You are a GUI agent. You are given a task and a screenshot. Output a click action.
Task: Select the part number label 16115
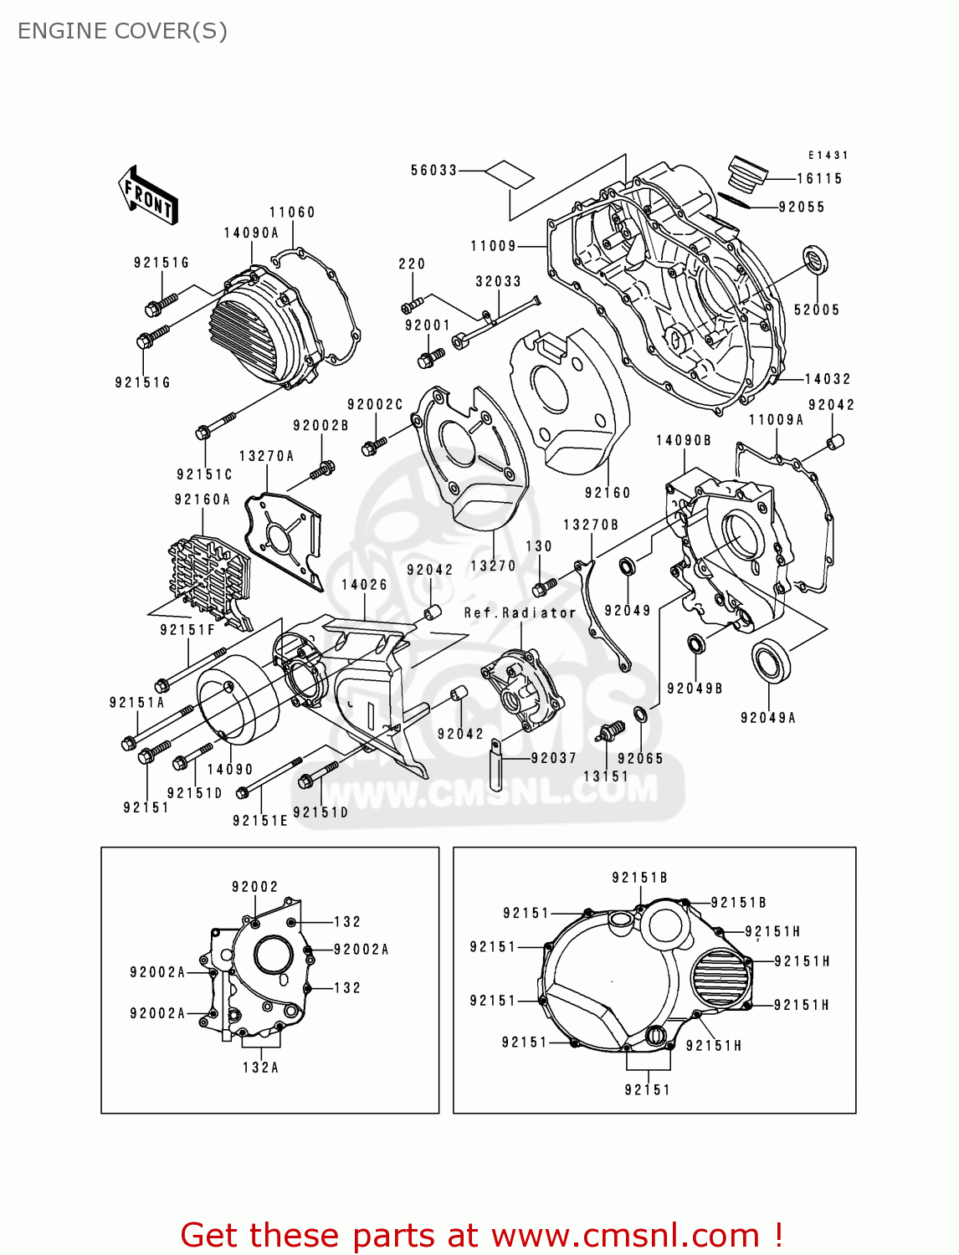(818, 178)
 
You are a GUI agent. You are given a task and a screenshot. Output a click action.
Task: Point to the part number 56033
(433, 170)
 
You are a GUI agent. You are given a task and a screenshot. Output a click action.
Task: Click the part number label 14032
(827, 379)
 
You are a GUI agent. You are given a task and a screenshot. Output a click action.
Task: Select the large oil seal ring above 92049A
(770, 661)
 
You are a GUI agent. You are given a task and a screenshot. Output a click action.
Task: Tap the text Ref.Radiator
(520, 613)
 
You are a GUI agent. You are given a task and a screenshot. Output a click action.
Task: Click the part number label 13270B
(590, 525)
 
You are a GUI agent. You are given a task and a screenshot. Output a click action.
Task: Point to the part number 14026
(364, 585)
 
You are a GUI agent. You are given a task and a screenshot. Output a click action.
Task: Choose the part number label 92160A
(202, 499)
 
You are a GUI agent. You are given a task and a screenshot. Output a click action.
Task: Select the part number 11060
(291, 213)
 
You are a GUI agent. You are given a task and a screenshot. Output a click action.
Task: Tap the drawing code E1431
(828, 155)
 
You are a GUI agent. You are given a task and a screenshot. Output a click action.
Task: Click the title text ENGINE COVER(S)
(122, 31)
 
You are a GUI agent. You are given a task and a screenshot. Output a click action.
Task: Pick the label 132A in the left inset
(260, 1068)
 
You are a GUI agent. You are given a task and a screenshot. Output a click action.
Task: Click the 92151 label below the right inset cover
(647, 1089)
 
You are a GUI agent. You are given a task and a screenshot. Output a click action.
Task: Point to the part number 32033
(498, 282)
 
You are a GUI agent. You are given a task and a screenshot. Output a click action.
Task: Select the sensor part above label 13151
(611, 731)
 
